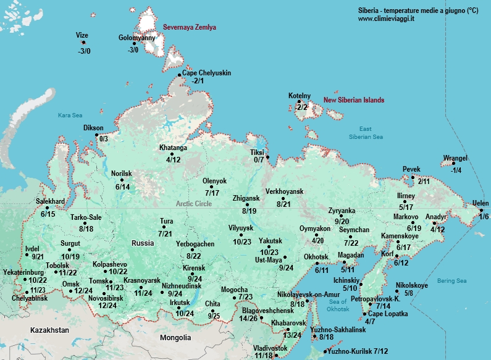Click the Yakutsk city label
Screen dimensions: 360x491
[x=271, y=241]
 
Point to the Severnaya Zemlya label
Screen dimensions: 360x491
[x=190, y=28]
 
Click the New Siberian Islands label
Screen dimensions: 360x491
[x=354, y=100]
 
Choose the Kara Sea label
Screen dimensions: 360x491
[x=70, y=115]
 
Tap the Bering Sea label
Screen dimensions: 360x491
[x=451, y=281]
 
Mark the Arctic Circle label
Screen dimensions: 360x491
[x=193, y=204]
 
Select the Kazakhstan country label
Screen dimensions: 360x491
[x=49, y=331]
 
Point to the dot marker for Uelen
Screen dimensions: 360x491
[x=482, y=210]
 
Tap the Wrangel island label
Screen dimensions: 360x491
[x=456, y=159]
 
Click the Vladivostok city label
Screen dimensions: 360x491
[x=271, y=348]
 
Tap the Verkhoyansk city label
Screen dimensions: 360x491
[x=285, y=192]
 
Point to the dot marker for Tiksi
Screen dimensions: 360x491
[x=268, y=157]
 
